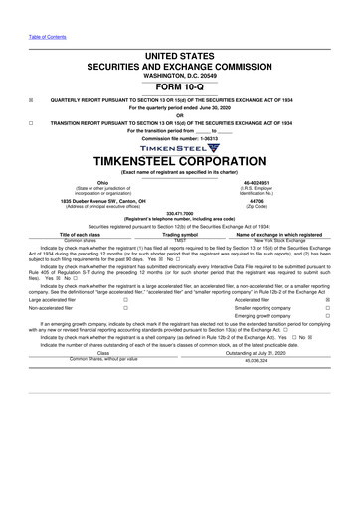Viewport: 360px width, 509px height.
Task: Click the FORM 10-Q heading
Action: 179,86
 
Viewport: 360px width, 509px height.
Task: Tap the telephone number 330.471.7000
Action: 179,212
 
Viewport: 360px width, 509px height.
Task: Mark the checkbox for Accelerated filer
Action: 327,298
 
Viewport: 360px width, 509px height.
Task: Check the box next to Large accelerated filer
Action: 125,298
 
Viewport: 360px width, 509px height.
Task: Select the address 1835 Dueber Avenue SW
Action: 74,200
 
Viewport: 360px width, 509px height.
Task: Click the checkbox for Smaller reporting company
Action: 327,307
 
